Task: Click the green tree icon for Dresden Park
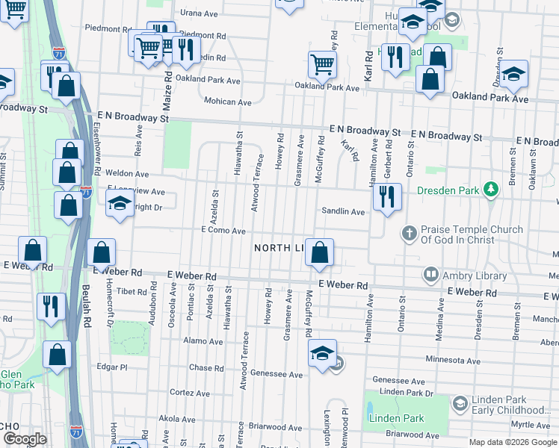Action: pyautogui.click(x=490, y=190)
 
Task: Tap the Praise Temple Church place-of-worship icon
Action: pyautogui.click(x=409, y=234)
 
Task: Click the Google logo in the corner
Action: pyautogui.click(x=25, y=439)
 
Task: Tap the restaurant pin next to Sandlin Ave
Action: pyautogui.click(x=386, y=197)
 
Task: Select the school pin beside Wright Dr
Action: pyautogui.click(x=119, y=205)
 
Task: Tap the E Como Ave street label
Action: pyautogui.click(x=223, y=231)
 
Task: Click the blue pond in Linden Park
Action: pyautogui.click(x=370, y=410)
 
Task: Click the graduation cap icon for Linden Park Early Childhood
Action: pyautogui.click(x=460, y=404)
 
